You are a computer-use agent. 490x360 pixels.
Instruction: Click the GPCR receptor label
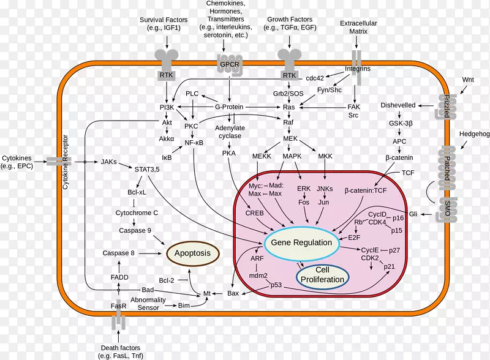point(229,65)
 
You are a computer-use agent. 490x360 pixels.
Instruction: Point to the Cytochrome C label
point(137,213)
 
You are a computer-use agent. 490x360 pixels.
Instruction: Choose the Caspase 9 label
point(135,231)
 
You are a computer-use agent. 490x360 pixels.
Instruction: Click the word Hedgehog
point(474,134)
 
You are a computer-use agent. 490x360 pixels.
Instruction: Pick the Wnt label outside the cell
point(468,80)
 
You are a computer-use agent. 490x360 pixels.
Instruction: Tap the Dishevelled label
point(398,105)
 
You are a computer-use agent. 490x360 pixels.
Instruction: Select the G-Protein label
point(229,107)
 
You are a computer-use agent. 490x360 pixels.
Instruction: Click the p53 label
point(276,285)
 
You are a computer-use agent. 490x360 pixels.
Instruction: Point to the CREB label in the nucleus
point(254,213)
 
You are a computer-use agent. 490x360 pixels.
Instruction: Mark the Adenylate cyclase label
point(230,132)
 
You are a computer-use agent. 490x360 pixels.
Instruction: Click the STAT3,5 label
point(147,170)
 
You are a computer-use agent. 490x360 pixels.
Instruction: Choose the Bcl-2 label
point(167,280)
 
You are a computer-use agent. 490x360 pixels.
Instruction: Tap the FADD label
point(119,277)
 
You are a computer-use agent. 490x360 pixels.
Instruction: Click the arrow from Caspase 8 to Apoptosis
point(150,253)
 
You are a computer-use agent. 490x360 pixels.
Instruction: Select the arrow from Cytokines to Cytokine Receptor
point(40,162)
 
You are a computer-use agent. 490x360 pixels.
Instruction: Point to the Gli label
point(413,214)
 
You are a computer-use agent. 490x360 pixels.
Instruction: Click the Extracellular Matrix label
point(358,27)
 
